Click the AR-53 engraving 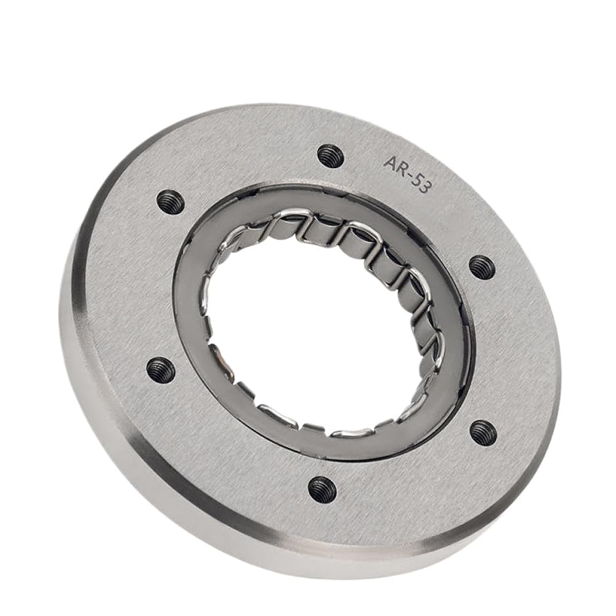(x=407, y=173)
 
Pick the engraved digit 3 (x=426, y=186)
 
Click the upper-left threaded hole (x=170, y=202)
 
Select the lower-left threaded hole (x=161, y=370)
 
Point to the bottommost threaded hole (x=322, y=489)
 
